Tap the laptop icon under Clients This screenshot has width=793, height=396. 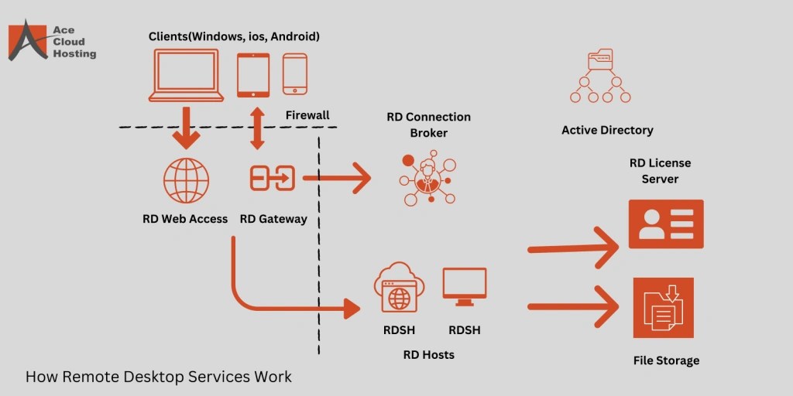186,76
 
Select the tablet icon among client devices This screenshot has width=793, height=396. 252,75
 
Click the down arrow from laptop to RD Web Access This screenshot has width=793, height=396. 186,127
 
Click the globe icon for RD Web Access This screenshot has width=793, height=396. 186,180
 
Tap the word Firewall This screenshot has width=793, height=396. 307,115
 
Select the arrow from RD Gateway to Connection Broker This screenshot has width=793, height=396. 337,179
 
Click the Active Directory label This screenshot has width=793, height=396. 607,130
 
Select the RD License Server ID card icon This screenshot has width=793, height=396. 666,224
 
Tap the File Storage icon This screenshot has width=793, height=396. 663,308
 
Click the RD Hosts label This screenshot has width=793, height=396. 428,355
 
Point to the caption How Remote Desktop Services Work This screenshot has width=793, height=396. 159,377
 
